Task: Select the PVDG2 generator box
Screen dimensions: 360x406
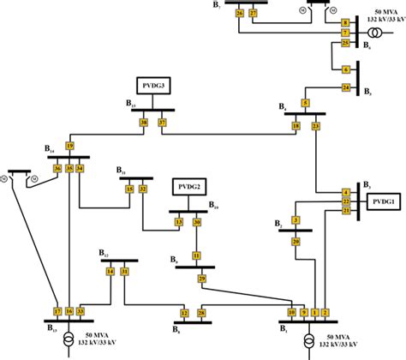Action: pos(189,187)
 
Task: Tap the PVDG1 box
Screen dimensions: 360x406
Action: pos(380,201)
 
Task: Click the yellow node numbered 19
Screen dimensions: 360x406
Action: pos(69,143)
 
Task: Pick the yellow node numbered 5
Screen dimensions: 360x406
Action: pos(305,104)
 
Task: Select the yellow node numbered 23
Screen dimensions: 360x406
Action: pos(316,126)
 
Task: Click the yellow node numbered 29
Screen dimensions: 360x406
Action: pos(201,278)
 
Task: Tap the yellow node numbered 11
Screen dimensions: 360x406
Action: pos(196,255)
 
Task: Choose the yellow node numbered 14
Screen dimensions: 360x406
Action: pos(110,272)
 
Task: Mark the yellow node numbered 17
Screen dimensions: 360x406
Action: pos(57,310)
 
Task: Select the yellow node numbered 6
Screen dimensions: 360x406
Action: pos(346,69)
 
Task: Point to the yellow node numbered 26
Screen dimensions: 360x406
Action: pos(239,15)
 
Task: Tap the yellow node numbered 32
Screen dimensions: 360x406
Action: pos(143,188)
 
